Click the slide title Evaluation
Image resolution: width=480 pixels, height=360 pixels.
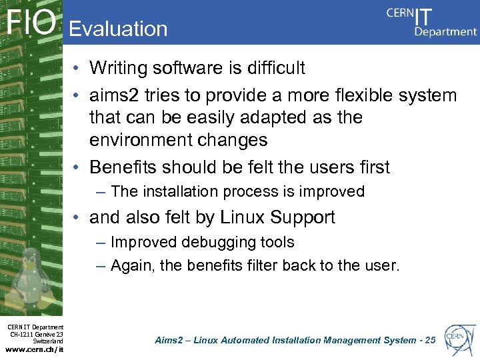point(118,29)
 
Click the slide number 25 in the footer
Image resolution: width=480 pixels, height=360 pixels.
point(429,340)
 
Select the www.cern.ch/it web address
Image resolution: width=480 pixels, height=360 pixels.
point(35,348)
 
